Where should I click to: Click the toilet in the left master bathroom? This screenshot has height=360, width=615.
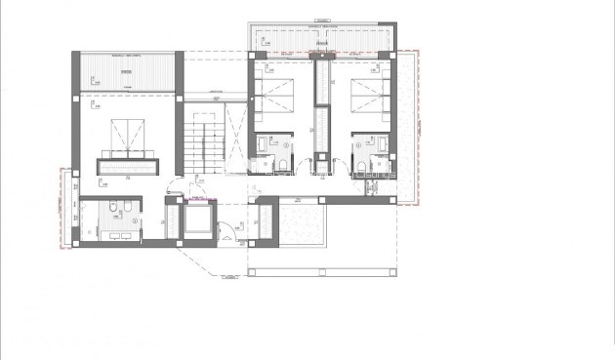tap(114, 209)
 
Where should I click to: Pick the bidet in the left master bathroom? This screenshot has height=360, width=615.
tap(130, 209)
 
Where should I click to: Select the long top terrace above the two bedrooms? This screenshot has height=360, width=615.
tap(321, 36)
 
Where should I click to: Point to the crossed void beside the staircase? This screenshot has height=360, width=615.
tap(235, 132)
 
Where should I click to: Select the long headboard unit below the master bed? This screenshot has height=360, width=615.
tap(127, 166)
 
